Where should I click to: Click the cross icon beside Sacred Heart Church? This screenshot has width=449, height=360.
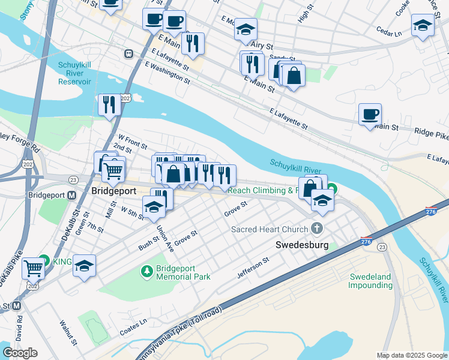click(318, 229)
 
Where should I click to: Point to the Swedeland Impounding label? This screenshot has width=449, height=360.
click(370, 281)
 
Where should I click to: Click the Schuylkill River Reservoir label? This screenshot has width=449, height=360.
click(74, 73)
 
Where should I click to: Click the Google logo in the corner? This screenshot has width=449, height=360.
click(20, 353)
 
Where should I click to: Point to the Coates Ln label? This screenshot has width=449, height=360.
click(133, 323)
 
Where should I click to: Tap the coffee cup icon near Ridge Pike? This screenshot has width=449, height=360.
click(370, 113)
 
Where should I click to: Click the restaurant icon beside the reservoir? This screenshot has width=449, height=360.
click(109, 104)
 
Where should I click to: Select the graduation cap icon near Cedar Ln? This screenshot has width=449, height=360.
click(423, 25)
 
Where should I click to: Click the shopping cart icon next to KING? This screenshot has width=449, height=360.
click(33, 268)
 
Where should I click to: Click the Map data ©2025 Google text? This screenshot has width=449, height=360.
click(412, 355)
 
